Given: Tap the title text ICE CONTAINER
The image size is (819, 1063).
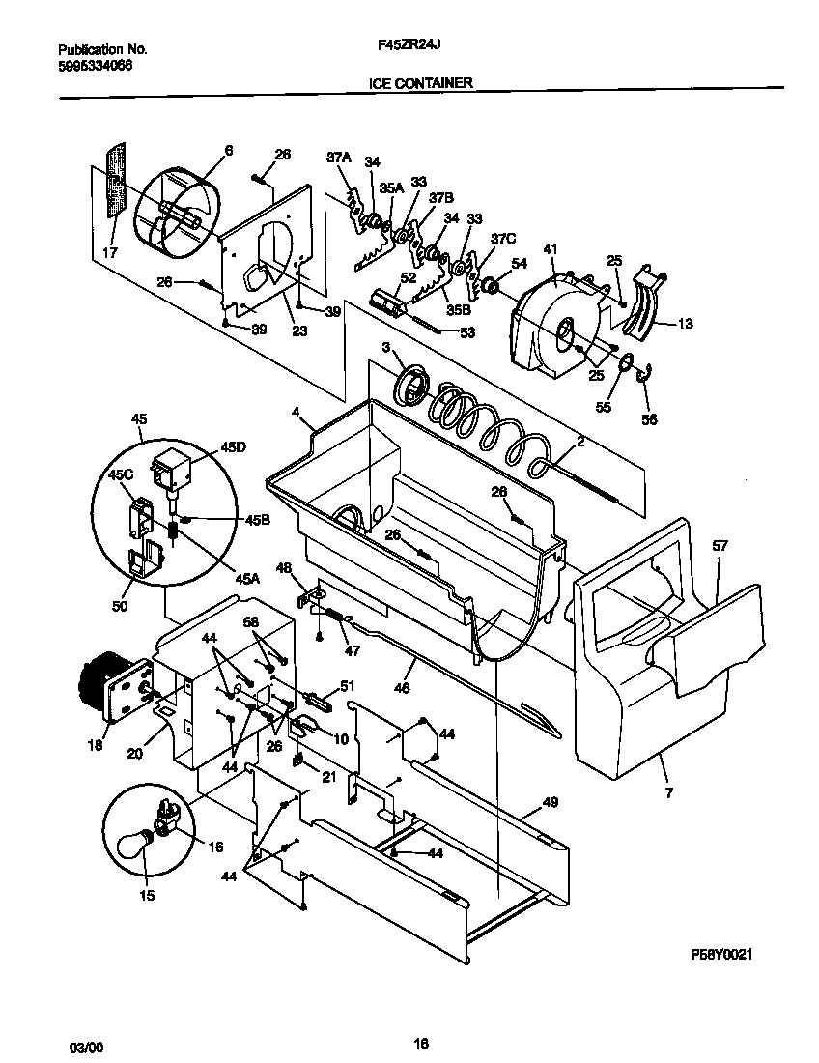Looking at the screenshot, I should pos(420,83).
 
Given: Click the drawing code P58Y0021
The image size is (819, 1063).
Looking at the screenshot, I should pos(721,954).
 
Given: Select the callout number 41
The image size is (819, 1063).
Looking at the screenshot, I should pos(551,250).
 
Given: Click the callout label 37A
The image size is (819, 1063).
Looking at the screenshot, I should pos(338,157).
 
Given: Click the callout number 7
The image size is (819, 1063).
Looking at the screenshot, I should pos(668,792).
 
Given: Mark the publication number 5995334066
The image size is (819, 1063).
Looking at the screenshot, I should pos(96,65).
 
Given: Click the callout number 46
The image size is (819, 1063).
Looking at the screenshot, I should pos(402,688).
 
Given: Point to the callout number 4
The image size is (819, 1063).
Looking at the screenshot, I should pos(297,410).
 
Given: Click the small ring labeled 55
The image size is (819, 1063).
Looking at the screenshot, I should pos(626,364).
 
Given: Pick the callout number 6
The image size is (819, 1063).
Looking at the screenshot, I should pos(229,150).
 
